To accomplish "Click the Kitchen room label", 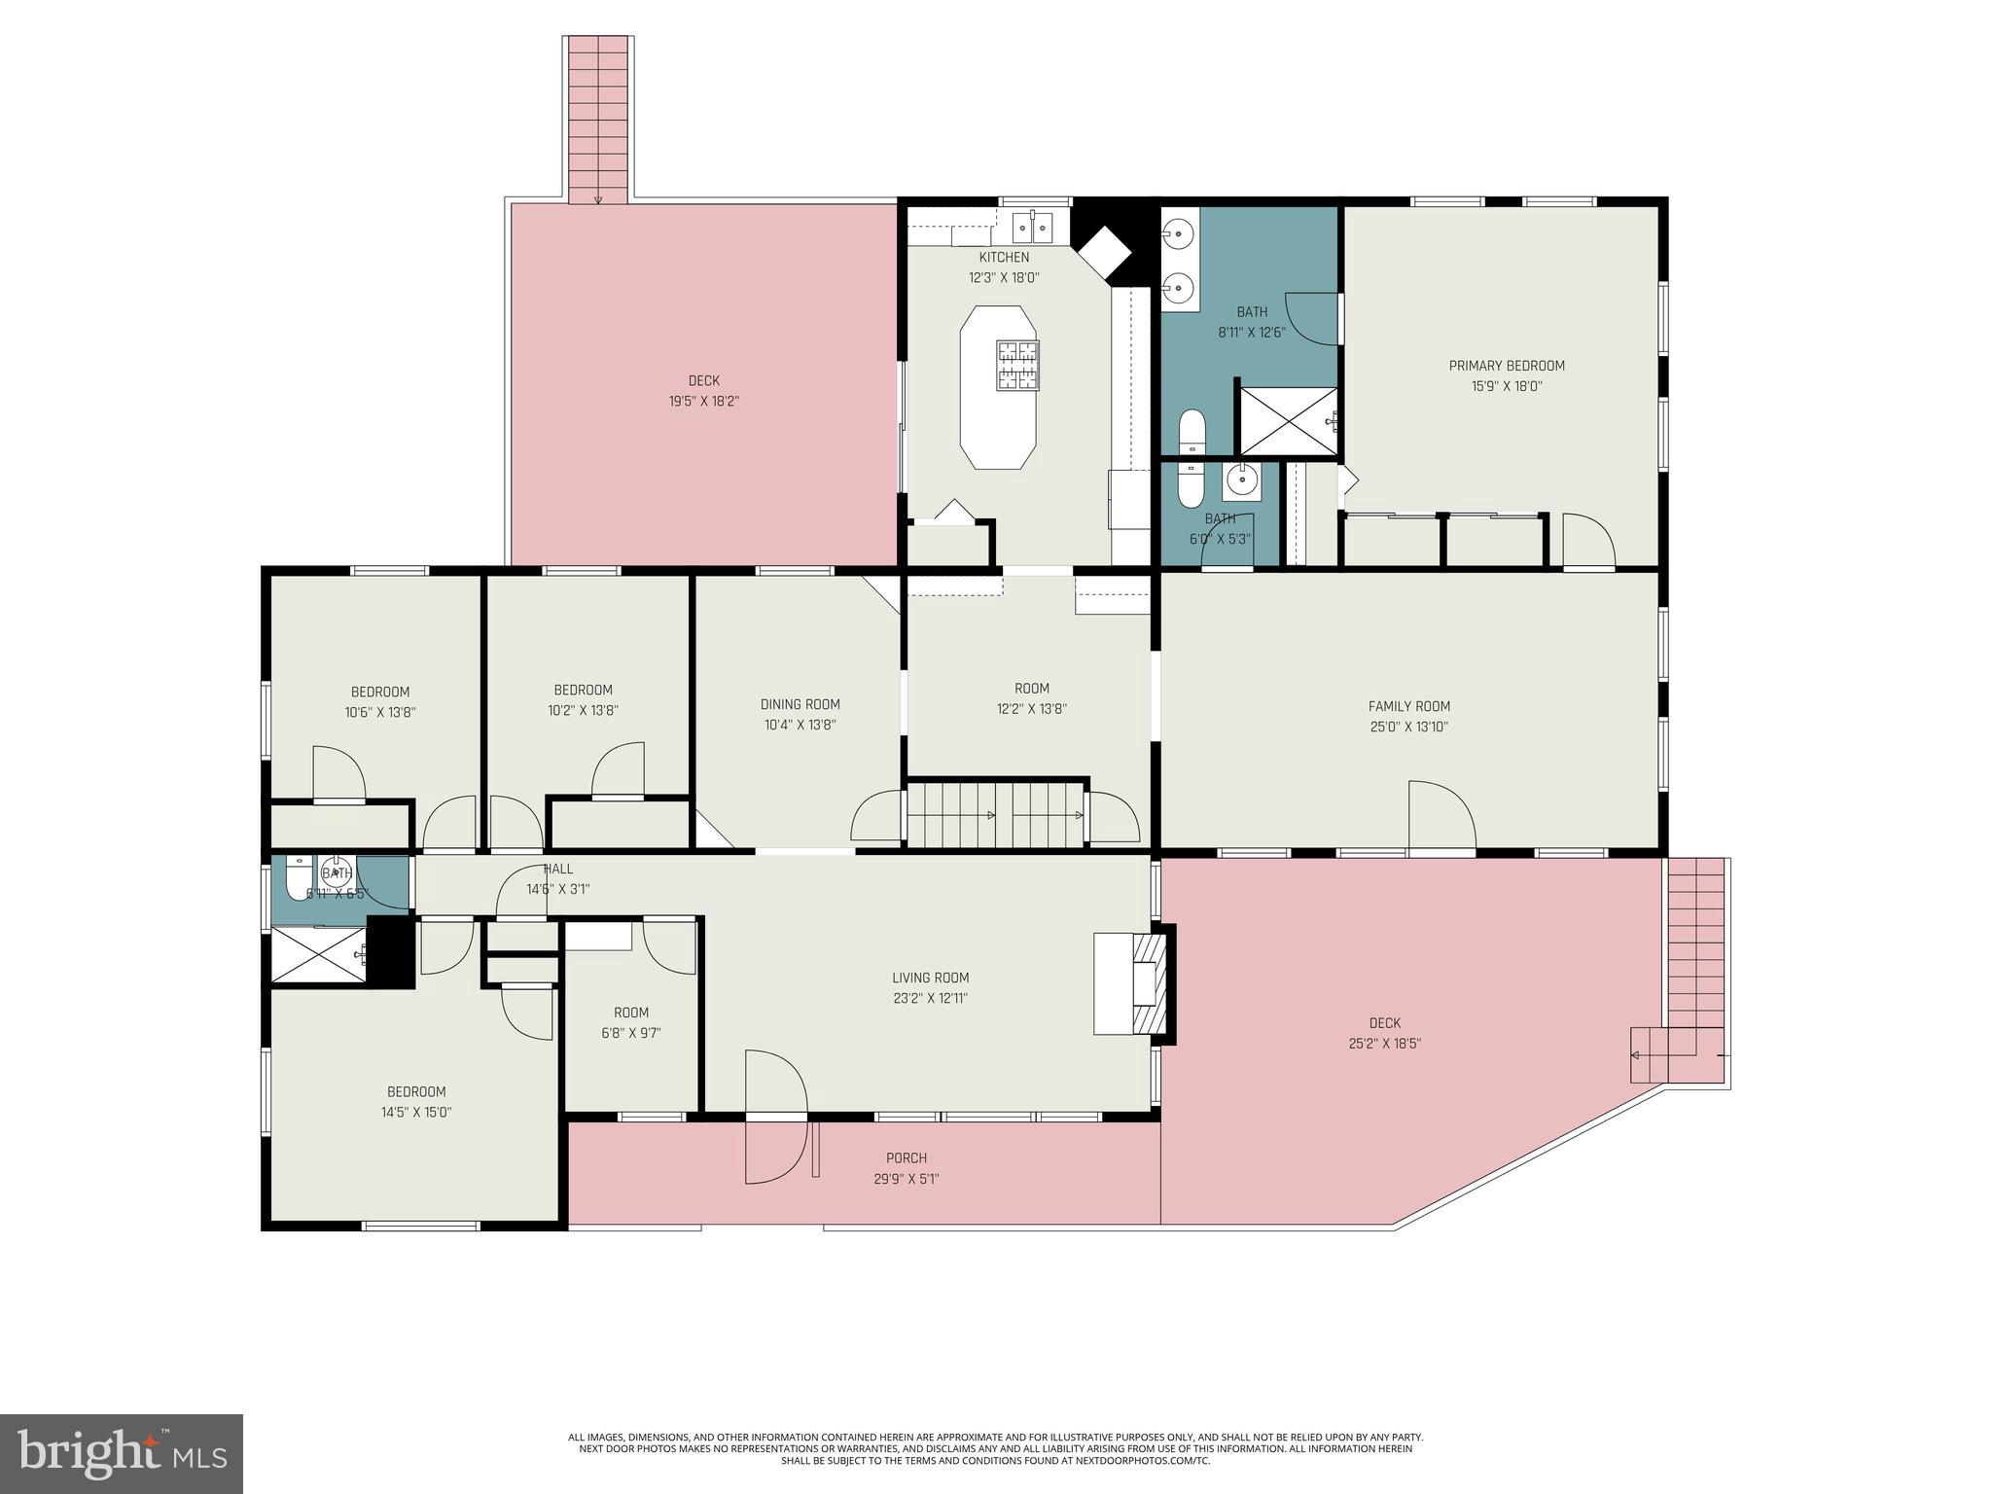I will [x=1003, y=258].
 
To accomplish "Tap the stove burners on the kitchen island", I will [x=1016, y=365].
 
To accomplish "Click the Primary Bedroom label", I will [x=1506, y=366].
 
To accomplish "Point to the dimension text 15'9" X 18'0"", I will [x=1506, y=386].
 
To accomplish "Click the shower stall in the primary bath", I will [x=1286, y=421].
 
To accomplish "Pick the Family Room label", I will [x=1408, y=707].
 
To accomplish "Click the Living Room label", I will [x=930, y=978].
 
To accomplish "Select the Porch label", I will [x=906, y=1158].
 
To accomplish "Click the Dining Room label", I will [x=800, y=704].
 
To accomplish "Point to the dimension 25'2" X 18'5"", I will [x=1384, y=1044].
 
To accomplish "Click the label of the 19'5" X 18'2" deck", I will [x=703, y=381].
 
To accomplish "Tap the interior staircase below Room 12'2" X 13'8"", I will [x=997, y=814].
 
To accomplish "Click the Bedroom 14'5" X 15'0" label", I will [x=416, y=1092].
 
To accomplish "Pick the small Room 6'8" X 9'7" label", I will [x=630, y=1013].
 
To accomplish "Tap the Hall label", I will [x=558, y=869].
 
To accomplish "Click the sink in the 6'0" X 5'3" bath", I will [x=1241, y=480].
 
